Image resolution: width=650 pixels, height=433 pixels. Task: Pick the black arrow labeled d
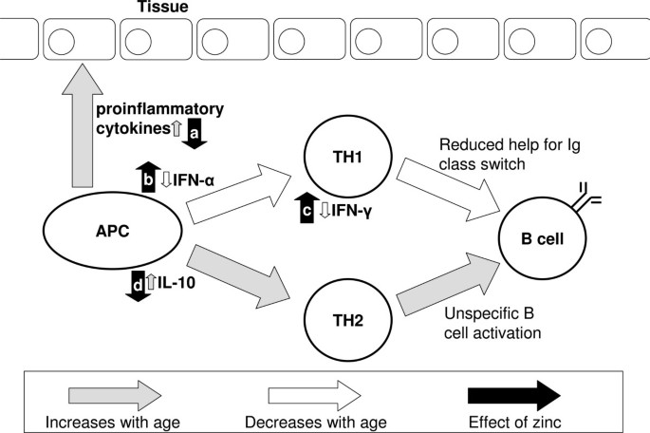[x=138, y=284]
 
